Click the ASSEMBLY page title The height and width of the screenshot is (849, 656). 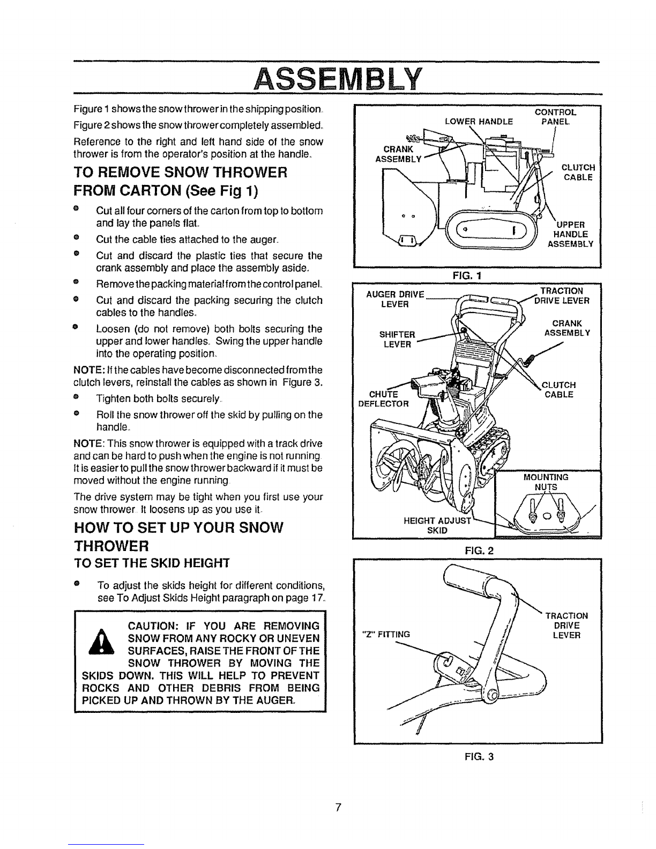coord(338,79)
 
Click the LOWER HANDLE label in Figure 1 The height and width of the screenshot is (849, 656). coord(479,122)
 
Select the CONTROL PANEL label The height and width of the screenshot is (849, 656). coord(556,117)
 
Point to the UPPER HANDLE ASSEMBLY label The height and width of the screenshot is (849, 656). coord(570,234)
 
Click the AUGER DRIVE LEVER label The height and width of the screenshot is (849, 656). coord(395,299)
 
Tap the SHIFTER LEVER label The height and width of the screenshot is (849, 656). coord(397,339)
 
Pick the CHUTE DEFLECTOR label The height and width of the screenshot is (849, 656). coord(384,399)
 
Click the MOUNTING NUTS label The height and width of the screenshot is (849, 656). coord(546,482)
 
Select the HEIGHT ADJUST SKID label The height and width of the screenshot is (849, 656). coord(437,525)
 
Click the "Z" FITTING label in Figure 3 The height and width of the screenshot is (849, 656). coord(386,634)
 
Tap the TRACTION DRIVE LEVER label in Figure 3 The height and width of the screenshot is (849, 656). coord(566,625)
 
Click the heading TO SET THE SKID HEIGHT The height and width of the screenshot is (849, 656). coord(152,563)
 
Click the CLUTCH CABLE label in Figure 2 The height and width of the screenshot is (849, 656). coord(559,390)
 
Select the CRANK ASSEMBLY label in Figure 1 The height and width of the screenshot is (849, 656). coord(399,154)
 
